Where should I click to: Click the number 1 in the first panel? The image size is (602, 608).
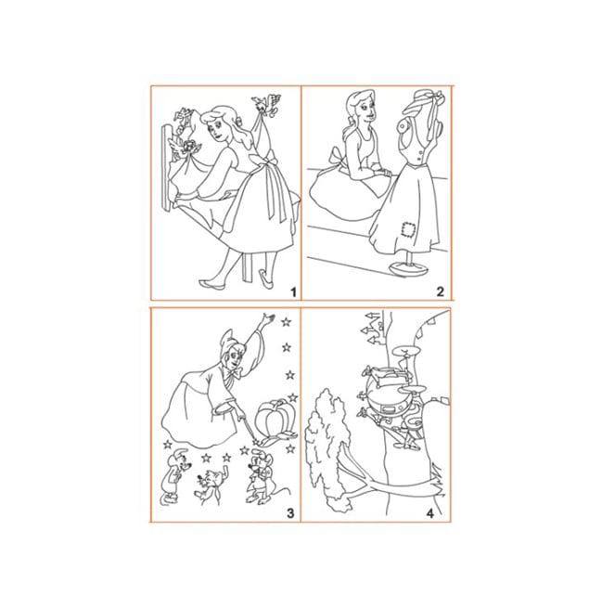tap(293, 291)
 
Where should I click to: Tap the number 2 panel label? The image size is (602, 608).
tap(440, 291)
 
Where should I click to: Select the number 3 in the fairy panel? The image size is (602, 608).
tap(290, 513)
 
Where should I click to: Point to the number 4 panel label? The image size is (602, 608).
tap(430, 513)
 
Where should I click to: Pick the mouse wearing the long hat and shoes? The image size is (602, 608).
tap(173, 477)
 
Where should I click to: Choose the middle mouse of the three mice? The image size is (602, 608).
tap(210, 487)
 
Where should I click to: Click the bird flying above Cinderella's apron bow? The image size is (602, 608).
tap(265, 105)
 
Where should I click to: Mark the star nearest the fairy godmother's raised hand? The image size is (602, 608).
tap(287, 322)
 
